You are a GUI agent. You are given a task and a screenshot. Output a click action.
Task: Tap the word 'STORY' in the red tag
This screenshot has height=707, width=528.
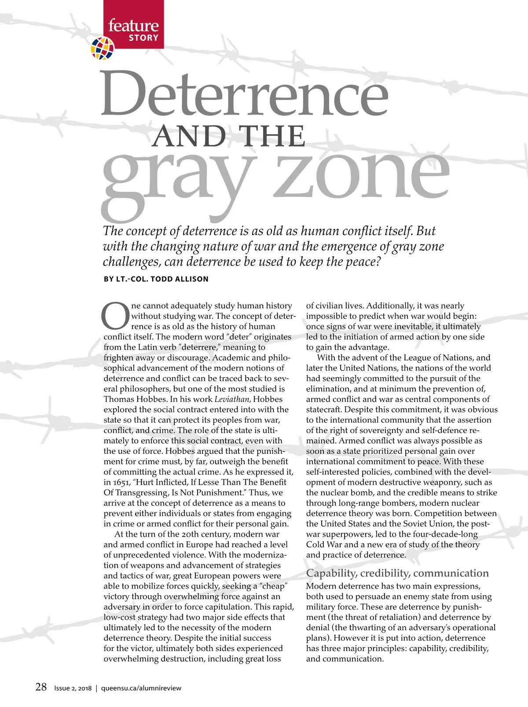[143, 38]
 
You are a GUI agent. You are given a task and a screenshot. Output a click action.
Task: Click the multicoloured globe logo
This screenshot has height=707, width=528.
[103, 48]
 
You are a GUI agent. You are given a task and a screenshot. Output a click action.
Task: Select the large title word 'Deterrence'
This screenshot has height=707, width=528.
[245, 94]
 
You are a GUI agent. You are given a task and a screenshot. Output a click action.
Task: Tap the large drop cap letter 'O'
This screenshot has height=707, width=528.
[115, 316]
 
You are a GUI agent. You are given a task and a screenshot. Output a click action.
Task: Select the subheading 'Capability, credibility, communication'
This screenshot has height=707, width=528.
[397, 573]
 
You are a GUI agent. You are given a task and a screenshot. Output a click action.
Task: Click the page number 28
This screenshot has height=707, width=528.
[41, 687]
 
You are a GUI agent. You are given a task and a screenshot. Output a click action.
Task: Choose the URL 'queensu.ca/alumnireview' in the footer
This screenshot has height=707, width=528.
[141, 688]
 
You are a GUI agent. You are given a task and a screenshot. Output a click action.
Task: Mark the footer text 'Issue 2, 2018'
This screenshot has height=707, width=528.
[73, 688]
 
